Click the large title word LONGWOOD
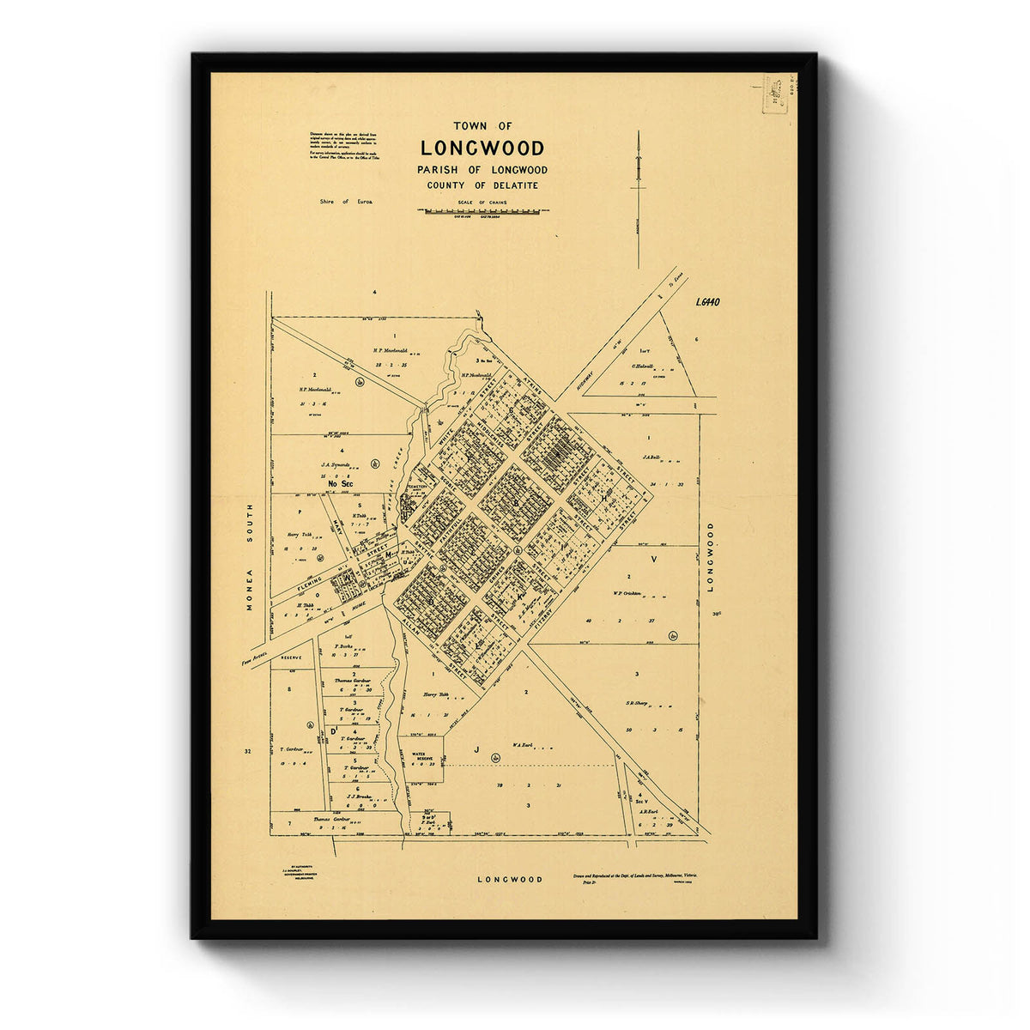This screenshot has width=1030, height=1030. [x=482, y=148]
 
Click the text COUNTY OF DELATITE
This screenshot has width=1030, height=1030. [x=482, y=185]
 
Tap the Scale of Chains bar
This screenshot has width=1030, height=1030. [x=487, y=210]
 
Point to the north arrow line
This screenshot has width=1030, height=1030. [x=639, y=197]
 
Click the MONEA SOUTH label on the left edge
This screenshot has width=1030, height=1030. [x=251, y=557]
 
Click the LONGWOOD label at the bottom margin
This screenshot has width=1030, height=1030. [x=511, y=880]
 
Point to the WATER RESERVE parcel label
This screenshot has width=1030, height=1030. [x=427, y=760]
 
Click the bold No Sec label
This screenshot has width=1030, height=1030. [x=341, y=484]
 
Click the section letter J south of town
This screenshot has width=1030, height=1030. [x=475, y=748]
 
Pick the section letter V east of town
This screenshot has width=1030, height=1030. [x=654, y=558]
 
